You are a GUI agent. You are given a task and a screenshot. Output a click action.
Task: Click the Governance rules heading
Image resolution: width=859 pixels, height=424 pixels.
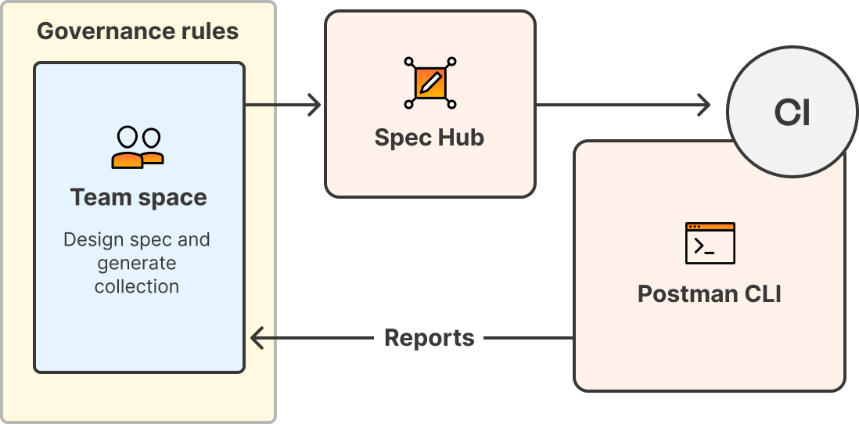pyautogui.click(x=138, y=31)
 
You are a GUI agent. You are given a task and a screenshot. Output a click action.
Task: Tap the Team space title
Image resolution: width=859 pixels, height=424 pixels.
pyautogui.click(x=138, y=197)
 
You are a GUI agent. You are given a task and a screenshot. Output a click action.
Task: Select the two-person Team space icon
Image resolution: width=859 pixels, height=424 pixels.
pyautogui.click(x=138, y=148)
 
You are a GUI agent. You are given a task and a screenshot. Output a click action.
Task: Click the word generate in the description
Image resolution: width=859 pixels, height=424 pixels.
pyautogui.click(x=137, y=263)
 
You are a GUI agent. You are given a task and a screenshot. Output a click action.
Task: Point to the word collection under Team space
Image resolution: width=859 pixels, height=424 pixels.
pyautogui.click(x=137, y=286)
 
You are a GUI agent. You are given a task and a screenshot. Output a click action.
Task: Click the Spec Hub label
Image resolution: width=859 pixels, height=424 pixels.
pyautogui.click(x=429, y=138)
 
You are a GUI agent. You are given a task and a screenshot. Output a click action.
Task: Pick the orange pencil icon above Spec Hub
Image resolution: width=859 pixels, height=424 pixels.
pyautogui.click(x=430, y=82)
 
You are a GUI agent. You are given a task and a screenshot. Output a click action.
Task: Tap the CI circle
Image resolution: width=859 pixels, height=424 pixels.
pyautogui.click(x=791, y=114)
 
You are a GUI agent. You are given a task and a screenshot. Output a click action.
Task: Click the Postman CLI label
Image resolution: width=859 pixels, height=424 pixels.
pyautogui.click(x=709, y=294)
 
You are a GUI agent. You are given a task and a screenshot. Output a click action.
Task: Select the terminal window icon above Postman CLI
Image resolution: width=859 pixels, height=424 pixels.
pyautogui.click(x=710, y=243)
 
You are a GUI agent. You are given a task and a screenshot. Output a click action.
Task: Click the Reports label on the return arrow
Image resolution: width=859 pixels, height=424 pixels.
pyautogui.click(x=429, y=338)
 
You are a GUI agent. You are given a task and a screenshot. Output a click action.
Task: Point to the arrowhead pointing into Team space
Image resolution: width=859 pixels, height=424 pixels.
pyautogui.click(x=257, y=338)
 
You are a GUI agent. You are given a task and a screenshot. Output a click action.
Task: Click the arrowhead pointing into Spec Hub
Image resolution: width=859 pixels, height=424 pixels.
pyautogui.click(x=314, y=104)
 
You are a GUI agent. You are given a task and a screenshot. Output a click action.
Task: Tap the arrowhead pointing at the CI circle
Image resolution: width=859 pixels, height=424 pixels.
pyautogui.click(x=703, y=104)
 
